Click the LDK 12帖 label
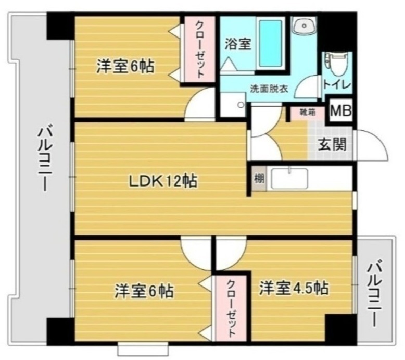[x=163, y=181]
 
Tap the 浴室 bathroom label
[x=237, y=44]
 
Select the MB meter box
[x=341, y=111]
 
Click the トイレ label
[x=337, y=85]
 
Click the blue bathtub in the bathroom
[x=270, y=43]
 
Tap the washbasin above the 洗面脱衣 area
[x=303, y=26]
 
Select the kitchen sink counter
[x=289, y=179]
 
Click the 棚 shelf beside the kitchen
[x=259, y=179]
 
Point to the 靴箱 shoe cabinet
[x=307, y=113]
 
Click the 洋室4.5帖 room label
[x=294, y=288]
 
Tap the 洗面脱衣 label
[x=269, y=89]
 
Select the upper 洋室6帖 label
[x=125, y=66]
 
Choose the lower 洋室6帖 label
[x=144, y=291]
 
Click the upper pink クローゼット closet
[x=199, y=49]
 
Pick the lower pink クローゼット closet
[x=231, y=308]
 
